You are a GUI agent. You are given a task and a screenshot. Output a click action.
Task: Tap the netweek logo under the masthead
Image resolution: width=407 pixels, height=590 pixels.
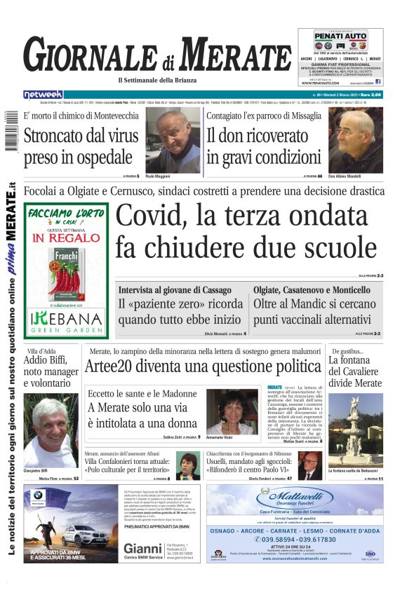pyautogui.click(x=43, y=95)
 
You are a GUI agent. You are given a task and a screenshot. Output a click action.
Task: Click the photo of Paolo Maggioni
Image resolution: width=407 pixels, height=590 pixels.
pyautogui.click(x=171, y=140)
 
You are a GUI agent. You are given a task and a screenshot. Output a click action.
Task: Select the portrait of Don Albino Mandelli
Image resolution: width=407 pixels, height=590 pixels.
pyautogui.click(x=356, y=140)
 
